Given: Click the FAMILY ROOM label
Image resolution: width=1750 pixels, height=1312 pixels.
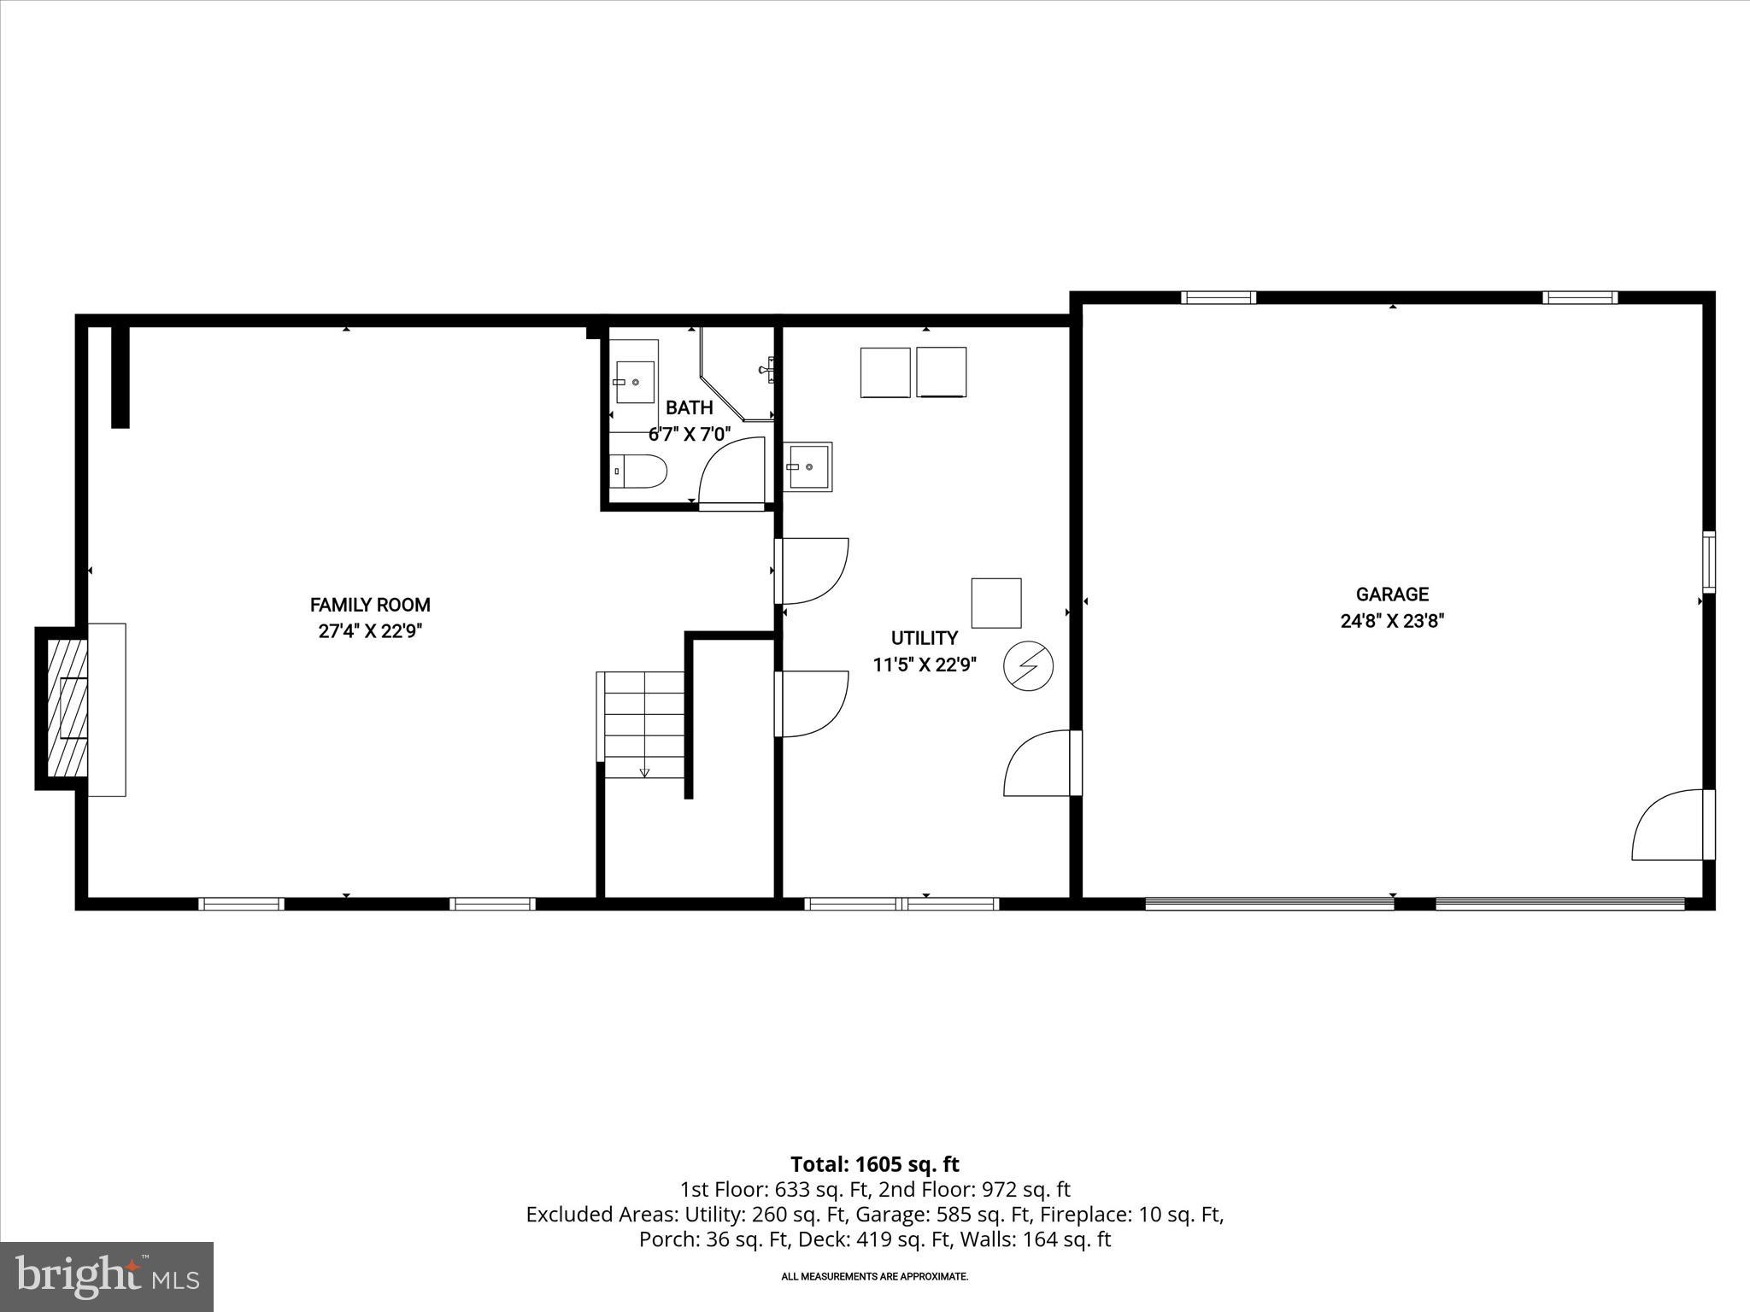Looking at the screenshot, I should point(370,605).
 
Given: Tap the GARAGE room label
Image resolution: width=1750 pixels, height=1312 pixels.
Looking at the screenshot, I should point(1392,594).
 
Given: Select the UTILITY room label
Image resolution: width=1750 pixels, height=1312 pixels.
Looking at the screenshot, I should point(924,638).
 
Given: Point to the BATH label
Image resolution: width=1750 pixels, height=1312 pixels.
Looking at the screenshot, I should point(689,407).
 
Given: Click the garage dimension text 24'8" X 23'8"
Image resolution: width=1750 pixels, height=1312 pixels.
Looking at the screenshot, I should point(1392,621).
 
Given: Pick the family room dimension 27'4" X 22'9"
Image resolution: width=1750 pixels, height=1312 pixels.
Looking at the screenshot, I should point(370,631).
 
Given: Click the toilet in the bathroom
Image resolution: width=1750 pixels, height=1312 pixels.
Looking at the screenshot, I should point(640,471).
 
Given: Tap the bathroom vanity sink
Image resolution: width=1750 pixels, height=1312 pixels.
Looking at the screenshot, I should point(635,382).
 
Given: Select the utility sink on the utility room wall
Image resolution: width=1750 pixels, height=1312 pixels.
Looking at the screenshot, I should point(807,466).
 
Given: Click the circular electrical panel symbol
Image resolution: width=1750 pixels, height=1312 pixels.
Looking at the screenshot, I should point(1028,665).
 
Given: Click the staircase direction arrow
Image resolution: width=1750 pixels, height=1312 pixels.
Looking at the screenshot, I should point(644,772).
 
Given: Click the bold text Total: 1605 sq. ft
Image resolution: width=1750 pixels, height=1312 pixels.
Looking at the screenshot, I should point(874,1164).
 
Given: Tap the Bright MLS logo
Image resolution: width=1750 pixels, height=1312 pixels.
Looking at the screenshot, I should point(107,1276).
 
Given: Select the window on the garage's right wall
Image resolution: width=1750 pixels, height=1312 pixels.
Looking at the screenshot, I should point(1709,561).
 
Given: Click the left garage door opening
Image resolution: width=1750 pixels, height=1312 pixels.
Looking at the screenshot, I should point(1269,903).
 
